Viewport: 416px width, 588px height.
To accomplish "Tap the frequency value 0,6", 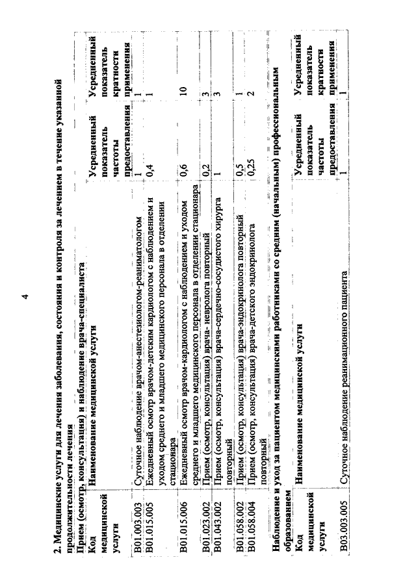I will [188, 170].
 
